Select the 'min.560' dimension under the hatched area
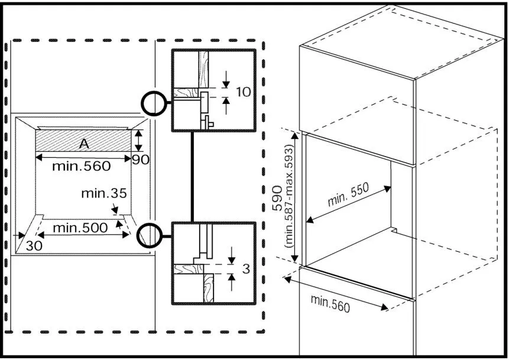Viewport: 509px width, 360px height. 81,166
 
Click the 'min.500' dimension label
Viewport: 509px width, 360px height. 80,227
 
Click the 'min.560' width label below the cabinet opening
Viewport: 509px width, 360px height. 330,303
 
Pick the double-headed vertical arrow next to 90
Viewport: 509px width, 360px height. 138,141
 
